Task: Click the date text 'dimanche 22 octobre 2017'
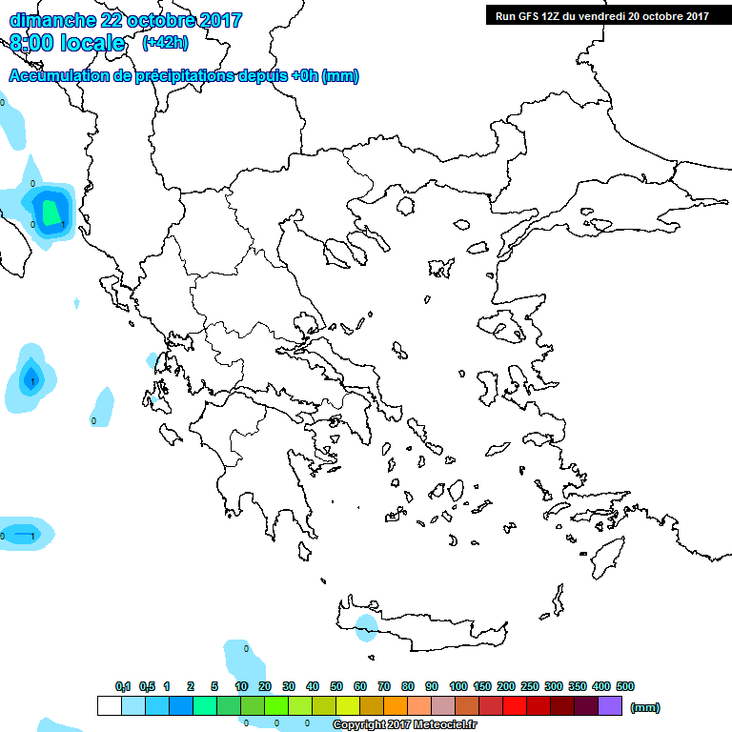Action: (126, 20)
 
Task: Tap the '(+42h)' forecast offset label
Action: (165, 43)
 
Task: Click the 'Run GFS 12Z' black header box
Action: (601, 15)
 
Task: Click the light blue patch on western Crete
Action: (365, 627)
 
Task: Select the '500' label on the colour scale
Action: (624, 686)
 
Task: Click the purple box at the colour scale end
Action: (610, 706)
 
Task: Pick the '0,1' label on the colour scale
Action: (123, 686)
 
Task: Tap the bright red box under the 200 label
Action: (515, 706)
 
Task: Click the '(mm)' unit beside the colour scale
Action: (645, 707)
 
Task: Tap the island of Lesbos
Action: (505, 327)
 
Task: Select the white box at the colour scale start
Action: (109, 706)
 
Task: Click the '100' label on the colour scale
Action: (457, 686)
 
